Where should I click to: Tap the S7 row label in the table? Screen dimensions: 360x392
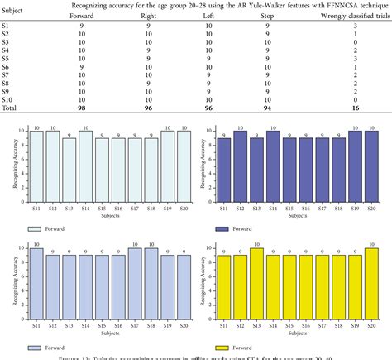pyautogui.click(x=7, y=82)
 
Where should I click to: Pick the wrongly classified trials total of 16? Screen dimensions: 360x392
pyautogui.click(x=355, y=107)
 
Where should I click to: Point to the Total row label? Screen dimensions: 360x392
pyautogui.click(x=10, y=107)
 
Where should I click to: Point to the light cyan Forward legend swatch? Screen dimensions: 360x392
pyautogui.click(x=33, y=228)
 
